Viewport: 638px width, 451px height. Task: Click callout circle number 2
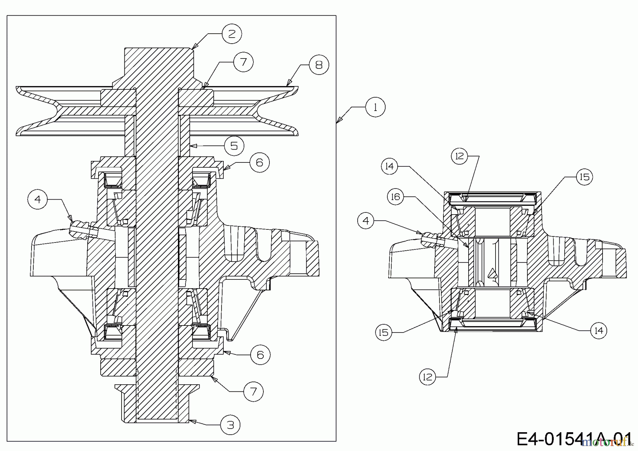(x=232, y=34)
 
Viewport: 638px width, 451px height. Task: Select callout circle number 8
(x=319, y=65)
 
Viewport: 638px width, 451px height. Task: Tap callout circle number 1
(x=375, y=107)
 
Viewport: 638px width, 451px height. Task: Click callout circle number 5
(x=234, y=145)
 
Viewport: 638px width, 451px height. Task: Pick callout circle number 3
(x=230, y=425)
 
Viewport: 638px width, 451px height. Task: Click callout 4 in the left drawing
(x=38, y=199)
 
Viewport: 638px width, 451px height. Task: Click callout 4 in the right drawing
(x=366, y=221)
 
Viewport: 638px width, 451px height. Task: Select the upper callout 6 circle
(x=259, y=162)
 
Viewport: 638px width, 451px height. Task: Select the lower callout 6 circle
(x=260, y=355)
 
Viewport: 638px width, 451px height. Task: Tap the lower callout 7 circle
(x=253, y=391)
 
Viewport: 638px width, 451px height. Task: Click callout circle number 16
(x=396, y=196)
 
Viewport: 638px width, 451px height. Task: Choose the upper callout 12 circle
(x=460, y=156)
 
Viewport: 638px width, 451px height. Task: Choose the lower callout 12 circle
(x=428, y=377)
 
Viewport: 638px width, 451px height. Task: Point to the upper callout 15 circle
(x=584, y=177)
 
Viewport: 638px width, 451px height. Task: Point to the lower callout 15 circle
(x=384, y=333)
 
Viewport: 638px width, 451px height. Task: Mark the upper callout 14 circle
(x=390, y=166)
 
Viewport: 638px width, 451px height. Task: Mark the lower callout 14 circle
(x=599, y=330)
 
